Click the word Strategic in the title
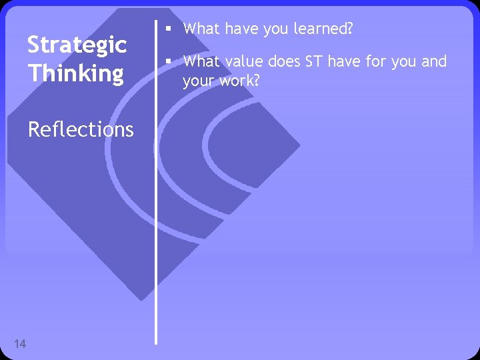tap(77, 46)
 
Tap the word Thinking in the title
tap(75, 73)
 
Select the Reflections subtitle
tap(81, 129)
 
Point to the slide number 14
tap(20, 344)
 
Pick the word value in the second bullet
tap(240, 62)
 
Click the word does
tap(283, 62)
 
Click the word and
tap(434, 62)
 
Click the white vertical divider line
tap(157, 200)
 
